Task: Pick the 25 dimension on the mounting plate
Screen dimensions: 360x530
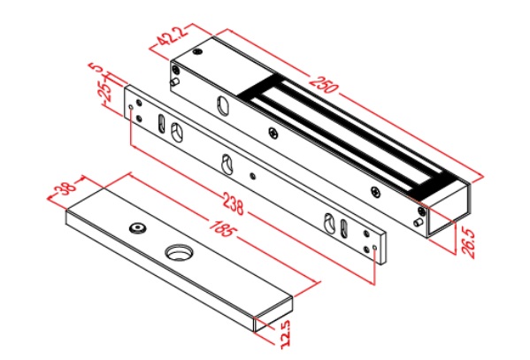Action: point(105,91)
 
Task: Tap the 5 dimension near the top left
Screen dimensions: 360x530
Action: point(98,70)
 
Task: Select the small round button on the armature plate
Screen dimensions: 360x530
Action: point(137,229)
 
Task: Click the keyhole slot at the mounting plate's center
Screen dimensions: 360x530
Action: point(228,164)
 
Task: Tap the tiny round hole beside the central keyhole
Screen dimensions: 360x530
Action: point(253,174)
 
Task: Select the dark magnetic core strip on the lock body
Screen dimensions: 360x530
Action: point(345,133)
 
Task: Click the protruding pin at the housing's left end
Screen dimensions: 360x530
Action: point(177,83)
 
